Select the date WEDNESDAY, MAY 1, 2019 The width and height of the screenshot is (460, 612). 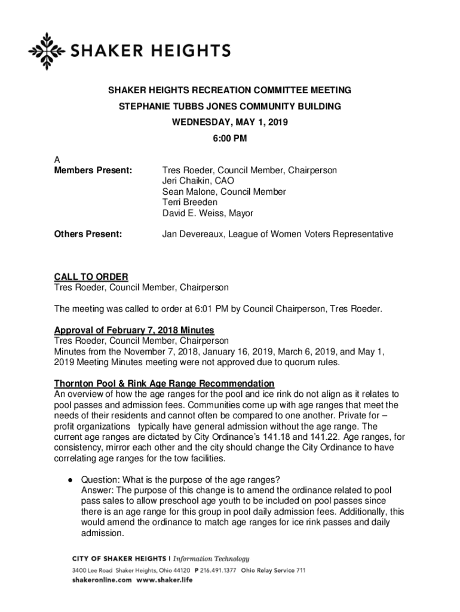click(x=229, y=123)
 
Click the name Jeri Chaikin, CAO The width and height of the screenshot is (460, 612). click(x=198, y=181)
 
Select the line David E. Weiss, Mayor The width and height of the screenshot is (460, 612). click(x=208, y=213)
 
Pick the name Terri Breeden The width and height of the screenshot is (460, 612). click(x=190, y=203)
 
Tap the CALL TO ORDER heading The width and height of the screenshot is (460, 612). click(x=91, y=277)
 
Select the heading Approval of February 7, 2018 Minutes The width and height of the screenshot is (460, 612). click(x=134, y=331)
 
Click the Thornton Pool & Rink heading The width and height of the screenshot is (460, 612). click(x=164, y=383)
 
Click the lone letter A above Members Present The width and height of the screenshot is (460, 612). click(x=57, y=160)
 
